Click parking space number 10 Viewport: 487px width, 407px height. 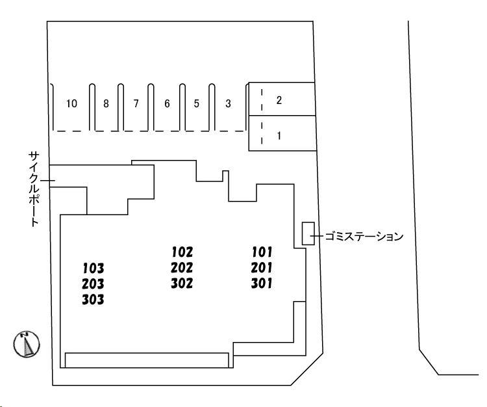click(71, 104)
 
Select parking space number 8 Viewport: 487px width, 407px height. click(106, 104)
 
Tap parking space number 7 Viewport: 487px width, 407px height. click(136, 104)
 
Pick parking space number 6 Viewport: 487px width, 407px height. click(166, 104)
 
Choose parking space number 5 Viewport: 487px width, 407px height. click(196, 104)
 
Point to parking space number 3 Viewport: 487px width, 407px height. click(228, 104)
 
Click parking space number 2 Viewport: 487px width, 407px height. click(279, 100)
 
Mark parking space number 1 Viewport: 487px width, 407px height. click(279, 137)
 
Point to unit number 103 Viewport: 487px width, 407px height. click(94, 268)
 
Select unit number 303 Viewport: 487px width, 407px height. click(94, 300)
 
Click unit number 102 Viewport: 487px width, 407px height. click(182, 252)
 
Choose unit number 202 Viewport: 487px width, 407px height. click(182, 267)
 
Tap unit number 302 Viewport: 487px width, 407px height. click(182, 283)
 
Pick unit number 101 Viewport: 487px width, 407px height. click(261, 252)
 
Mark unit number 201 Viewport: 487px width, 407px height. click(261, 267)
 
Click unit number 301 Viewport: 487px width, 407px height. click(261, 283)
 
